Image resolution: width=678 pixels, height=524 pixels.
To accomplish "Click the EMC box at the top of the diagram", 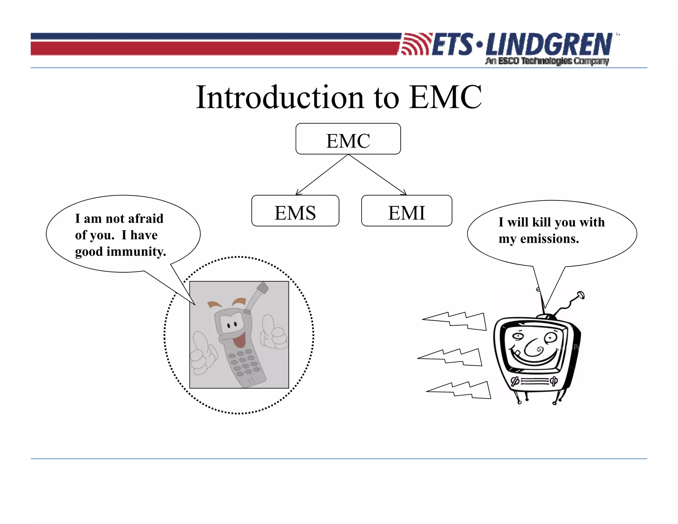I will click(x=348, y=139).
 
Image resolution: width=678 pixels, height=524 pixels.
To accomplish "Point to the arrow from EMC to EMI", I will click(x=377, y=175).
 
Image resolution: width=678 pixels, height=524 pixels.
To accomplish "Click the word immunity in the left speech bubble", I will click(x=136, y=252).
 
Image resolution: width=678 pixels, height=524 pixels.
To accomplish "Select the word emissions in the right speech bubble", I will click(x=550, y=239).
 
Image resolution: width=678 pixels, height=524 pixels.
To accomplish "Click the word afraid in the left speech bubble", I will click(x=146, y=219).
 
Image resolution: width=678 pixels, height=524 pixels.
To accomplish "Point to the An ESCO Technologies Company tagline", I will click(x=547, y=61).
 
